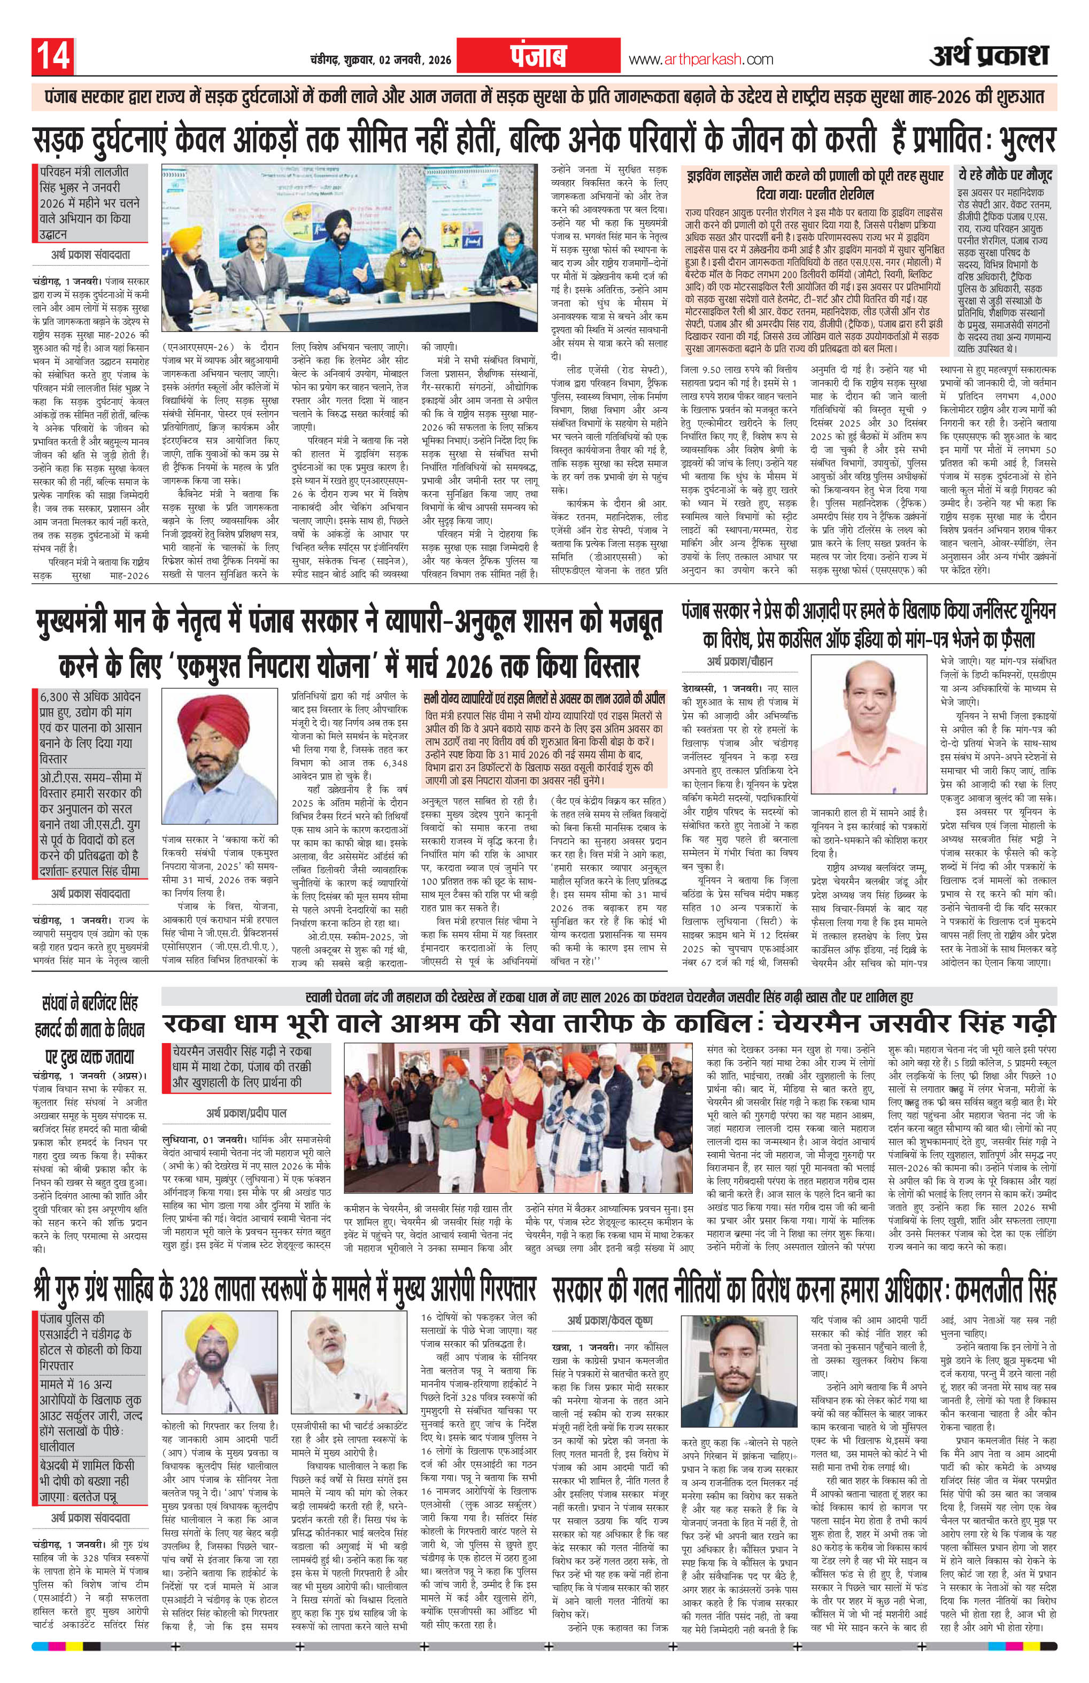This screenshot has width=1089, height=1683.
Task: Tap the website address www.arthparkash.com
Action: point(700,60)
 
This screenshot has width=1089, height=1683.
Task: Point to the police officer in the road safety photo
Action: point(412,269)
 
